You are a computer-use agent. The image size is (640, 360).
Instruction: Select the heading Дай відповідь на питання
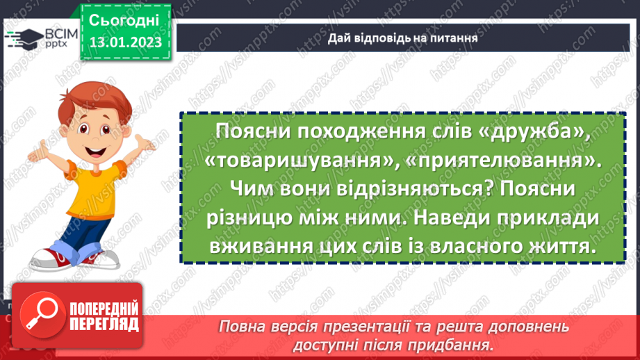click(402, 39)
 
